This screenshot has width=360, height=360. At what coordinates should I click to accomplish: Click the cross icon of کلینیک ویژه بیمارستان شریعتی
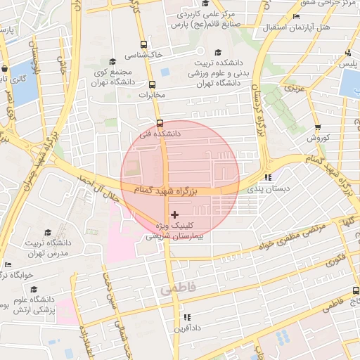pos(174,214)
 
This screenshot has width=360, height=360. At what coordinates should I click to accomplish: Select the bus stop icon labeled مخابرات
pos(153,84)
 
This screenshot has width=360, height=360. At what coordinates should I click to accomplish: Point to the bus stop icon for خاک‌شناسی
pos(143,43)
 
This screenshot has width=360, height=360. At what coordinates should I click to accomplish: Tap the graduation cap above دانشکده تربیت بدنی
pos(217,53)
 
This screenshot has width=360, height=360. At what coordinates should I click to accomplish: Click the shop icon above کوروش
pos(318,127)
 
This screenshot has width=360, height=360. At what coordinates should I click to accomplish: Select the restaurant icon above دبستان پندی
pos(267,177)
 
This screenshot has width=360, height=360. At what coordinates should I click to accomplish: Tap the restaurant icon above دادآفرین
pos(187,317)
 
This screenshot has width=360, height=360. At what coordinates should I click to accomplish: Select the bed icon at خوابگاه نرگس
pos(8,264)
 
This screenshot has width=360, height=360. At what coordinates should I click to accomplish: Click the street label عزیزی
pos(295,89)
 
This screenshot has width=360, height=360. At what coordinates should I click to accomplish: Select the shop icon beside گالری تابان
pos(6,69)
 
